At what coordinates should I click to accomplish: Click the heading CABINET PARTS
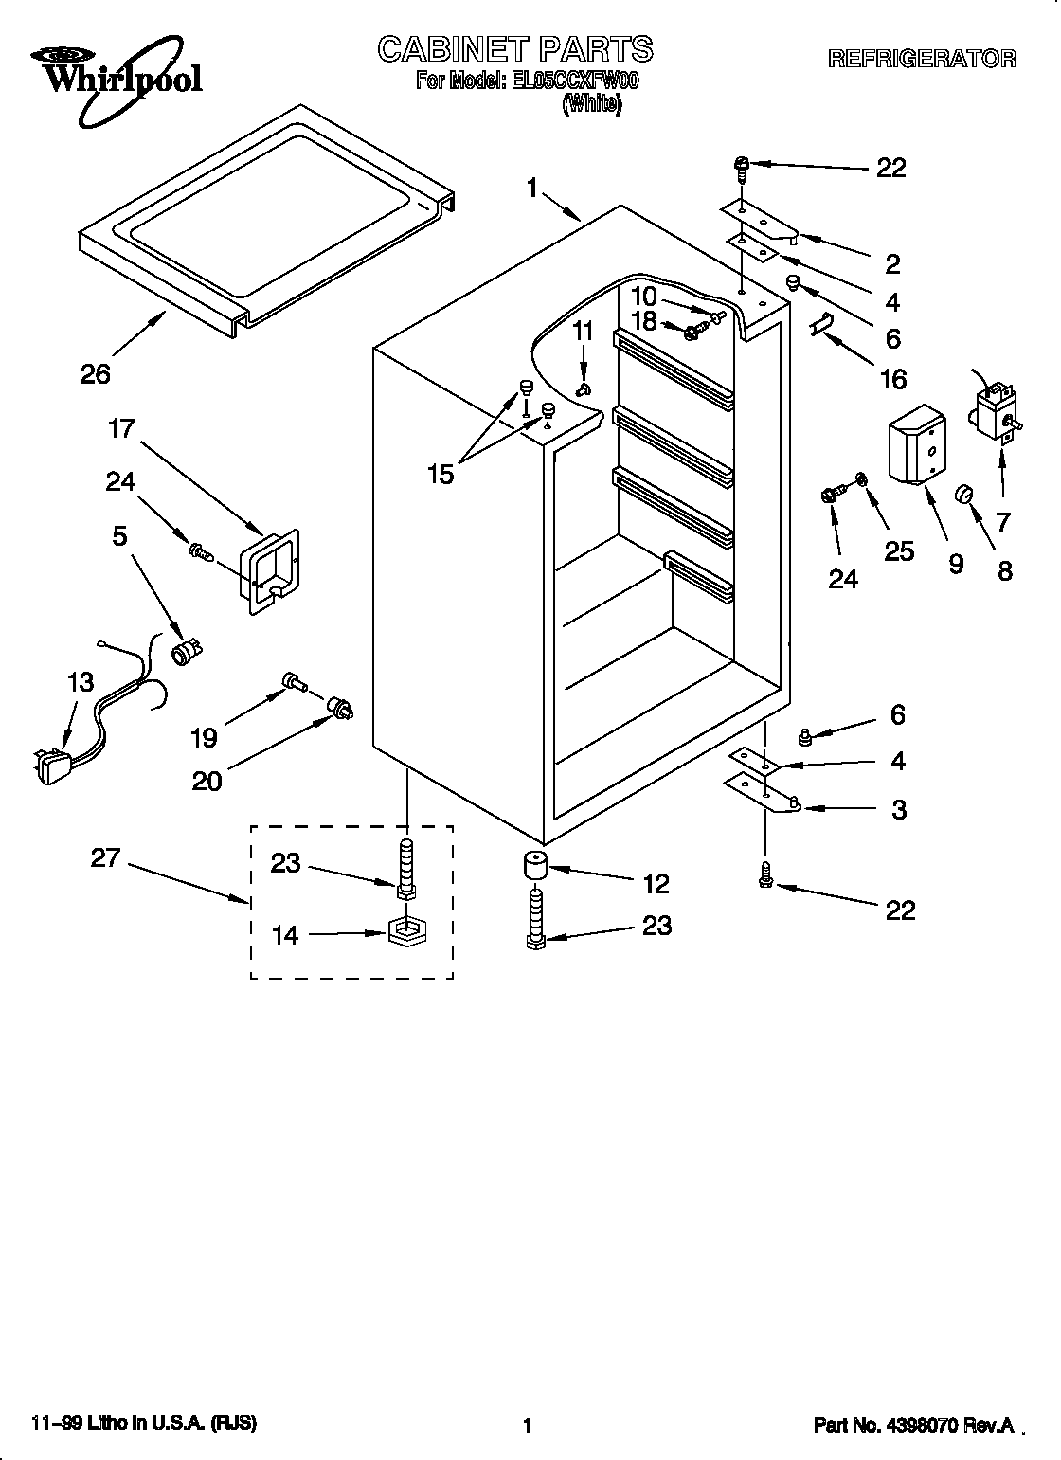(x=515, y=49)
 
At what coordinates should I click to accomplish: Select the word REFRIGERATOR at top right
(x=922, y=59)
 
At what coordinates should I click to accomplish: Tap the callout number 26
(x=96, y=374)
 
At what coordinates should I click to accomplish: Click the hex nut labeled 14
(x=406, y=934)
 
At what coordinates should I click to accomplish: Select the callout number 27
(x=106, y=857)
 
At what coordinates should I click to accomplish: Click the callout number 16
(x=892, y=379)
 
